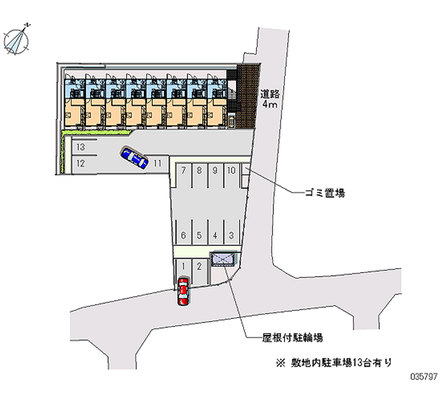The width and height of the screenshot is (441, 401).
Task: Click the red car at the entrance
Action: (x=183, y=291)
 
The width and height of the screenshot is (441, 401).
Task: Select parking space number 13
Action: (x=80, y=147)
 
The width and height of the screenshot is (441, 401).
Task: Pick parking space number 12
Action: (x=80, y=163)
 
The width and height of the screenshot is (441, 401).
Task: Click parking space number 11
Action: (x=157, y=163)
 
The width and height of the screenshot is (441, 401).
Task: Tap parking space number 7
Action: (x=182, y=170)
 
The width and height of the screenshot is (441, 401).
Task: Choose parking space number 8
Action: (x=199, y=170)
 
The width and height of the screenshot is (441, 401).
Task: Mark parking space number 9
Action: (x=215, y=170)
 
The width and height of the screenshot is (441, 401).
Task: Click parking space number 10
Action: (x=232, y=170)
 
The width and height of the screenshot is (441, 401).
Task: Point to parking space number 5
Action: (x=199, y=235)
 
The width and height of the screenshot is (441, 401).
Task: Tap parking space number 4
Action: (x=215, y=235)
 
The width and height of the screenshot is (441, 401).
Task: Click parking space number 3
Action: (x=232, y=235)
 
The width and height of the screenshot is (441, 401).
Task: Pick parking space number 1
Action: (x=182, y=266)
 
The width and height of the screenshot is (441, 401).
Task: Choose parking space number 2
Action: (x=199, y=266)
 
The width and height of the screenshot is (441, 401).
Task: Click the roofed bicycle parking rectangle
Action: (x=224, y=258)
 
